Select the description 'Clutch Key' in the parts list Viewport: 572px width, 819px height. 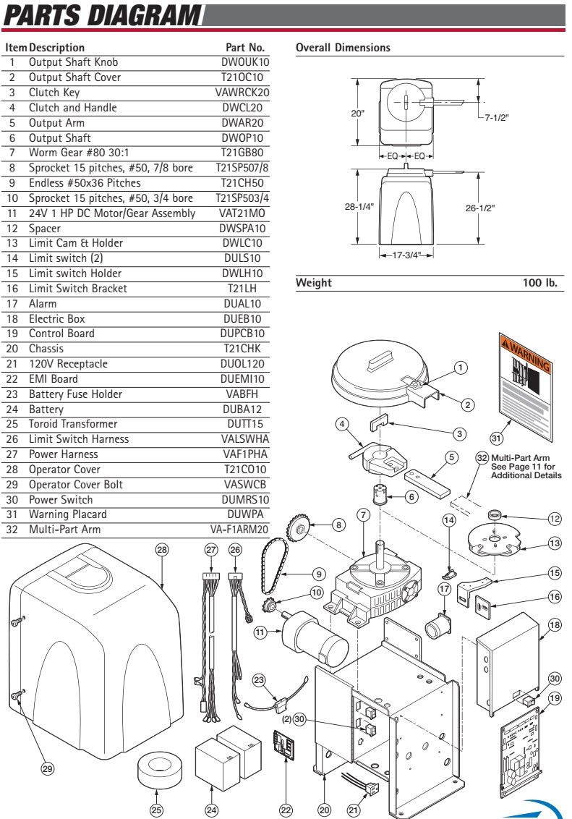pos(54,93)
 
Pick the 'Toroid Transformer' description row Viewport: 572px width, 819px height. pos(73,424)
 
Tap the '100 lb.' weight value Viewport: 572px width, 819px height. pos(540,283)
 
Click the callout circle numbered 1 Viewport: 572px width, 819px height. pos(460,368)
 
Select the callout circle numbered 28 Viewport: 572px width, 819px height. pos(161,550)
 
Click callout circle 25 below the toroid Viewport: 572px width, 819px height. pos(155,810)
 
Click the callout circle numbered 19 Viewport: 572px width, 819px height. pos(555,699)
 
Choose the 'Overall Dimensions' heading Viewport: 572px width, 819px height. pos(343,48)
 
